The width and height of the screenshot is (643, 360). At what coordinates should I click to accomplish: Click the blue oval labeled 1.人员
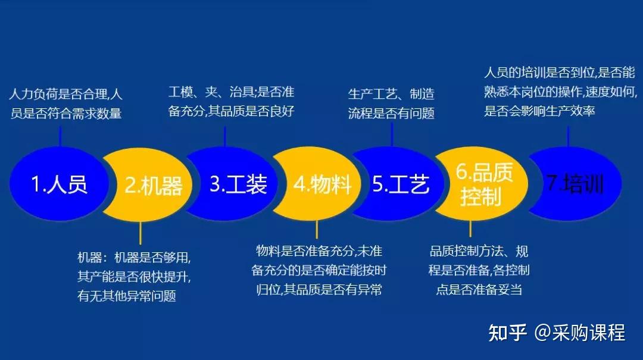(x=58, y=184)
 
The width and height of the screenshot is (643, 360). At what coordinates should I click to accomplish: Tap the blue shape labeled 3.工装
(x=238, y=184)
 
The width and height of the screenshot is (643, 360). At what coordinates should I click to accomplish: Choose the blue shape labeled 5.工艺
(x=400, y=184)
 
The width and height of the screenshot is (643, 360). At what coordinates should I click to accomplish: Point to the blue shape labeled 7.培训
(x=575, y=184)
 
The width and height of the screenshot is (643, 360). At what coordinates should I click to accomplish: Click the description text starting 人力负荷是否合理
(x=66, y=104)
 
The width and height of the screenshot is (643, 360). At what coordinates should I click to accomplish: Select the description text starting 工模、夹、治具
(x=232, y=102)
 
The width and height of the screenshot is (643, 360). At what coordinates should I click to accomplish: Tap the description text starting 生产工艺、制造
(x=391, y=104)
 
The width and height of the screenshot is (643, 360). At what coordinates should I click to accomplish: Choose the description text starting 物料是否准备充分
(x=319, y=270)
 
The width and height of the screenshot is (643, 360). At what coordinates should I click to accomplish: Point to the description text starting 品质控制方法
(x=479, y=270)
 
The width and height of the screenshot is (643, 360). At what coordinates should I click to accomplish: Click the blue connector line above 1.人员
(x=60, y=134)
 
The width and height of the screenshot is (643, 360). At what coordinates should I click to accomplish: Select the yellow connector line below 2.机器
(x=141, y=232)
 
